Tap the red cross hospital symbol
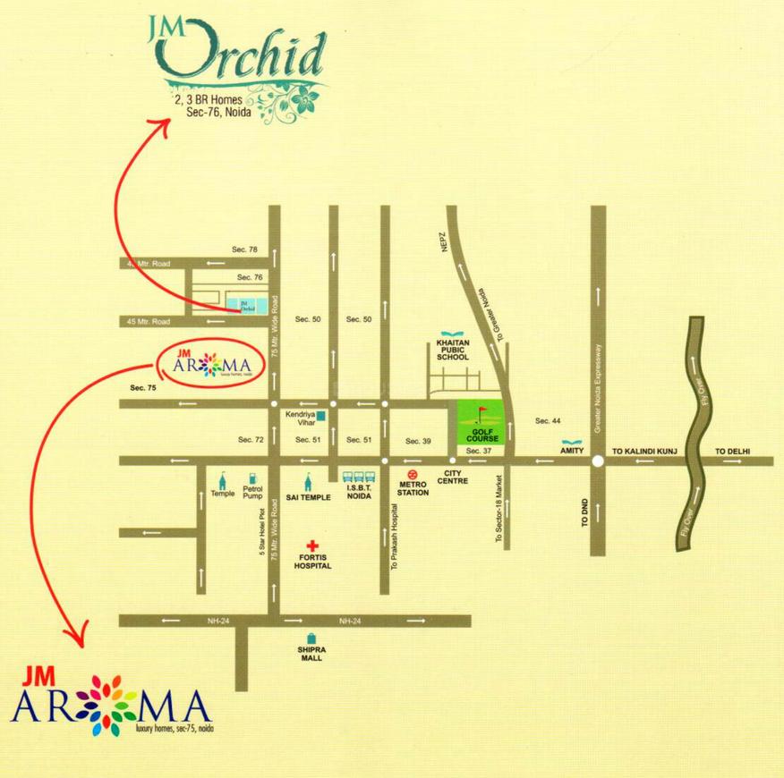click(312, 545)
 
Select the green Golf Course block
click(481, 424)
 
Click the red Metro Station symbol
click(413, 477)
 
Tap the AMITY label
click(573, 452)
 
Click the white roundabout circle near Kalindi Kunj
click(596, 461)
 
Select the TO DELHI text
click(731, 452)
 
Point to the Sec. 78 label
click(244, 249)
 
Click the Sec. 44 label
click(548, 420)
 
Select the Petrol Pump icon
click(251, 478)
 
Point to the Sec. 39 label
click(418, 441)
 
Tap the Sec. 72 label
click(251, 440)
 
